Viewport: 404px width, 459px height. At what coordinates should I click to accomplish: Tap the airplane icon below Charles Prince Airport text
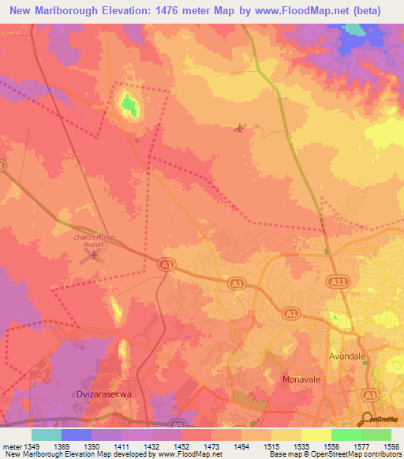pos(96,254)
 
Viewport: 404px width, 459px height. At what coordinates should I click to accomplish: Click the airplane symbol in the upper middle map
pos(240,128)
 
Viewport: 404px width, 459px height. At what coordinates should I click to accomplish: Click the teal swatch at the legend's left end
pos(46,434)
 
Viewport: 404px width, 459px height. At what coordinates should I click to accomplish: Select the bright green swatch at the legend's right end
pos(376,434)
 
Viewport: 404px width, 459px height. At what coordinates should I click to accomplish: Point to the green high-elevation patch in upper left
pos(128,103)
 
